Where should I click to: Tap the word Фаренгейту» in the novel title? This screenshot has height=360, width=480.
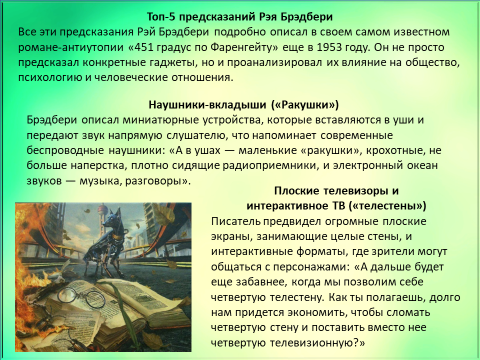point(244,48)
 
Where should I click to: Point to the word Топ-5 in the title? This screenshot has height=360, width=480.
point(161,16)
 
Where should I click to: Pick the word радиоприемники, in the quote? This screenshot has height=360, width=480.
point(276,165)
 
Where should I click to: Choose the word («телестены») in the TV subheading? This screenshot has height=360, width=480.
point(387,205)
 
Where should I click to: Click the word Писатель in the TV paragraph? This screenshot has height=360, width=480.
point(235,221)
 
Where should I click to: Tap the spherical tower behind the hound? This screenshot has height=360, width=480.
point(101,211)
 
